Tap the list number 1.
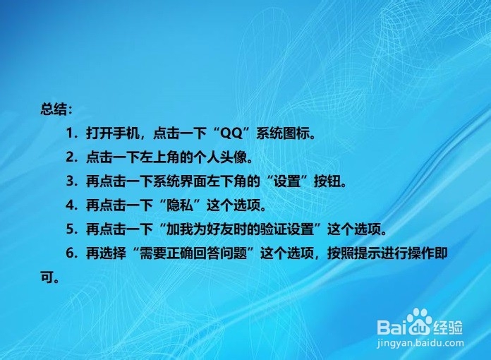point(70,133)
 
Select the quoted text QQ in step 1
point(231,133)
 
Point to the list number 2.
point(71,157)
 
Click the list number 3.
point(71,181)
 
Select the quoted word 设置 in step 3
point(287,181)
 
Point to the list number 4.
point(71,205)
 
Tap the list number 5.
point(71,229)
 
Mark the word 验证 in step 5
point(274,229)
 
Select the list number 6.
point(71,253)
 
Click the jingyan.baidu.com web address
point(420,343)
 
